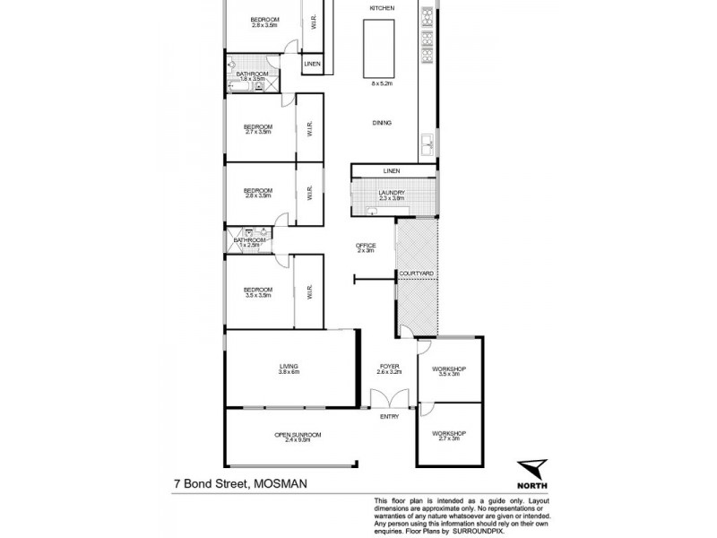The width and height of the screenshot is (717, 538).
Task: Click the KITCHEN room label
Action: click(x=377, y=8)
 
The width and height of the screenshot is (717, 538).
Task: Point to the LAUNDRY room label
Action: click(x=393, y=193)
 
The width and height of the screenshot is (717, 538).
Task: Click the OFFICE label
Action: click(x=365, y=246)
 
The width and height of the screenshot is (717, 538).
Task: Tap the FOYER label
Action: click(x=390, y=366)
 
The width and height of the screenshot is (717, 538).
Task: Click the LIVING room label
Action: click(x=288, y=366)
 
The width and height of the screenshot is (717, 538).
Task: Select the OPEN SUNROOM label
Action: click(x=297, y=435)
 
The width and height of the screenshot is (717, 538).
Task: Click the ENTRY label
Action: click(x=389, y=416)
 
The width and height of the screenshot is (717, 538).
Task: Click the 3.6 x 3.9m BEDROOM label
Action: click(x=258, y=290)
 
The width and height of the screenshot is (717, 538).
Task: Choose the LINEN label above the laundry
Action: click(x=391, y=170)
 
